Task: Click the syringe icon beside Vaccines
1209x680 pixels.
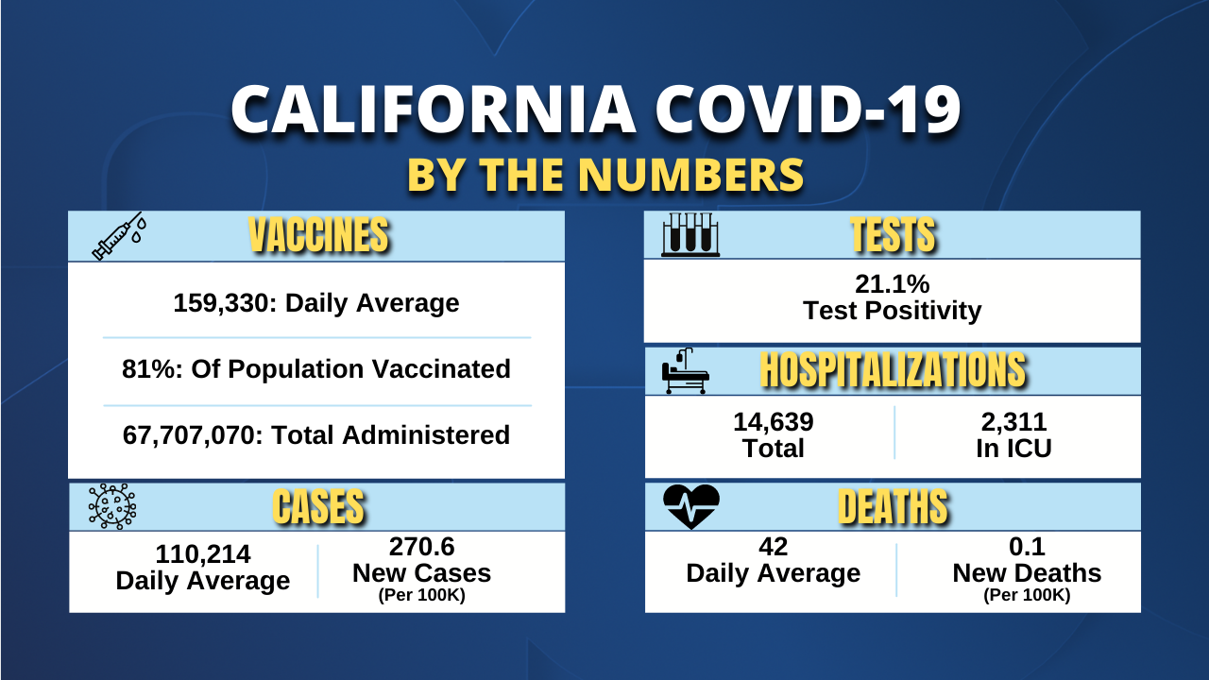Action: point(117,235)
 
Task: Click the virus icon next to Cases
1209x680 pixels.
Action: point(112,506)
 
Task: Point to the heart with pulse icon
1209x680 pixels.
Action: point(691,506)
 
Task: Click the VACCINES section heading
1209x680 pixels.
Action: point(317,235)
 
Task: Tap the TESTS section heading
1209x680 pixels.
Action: point(892,235)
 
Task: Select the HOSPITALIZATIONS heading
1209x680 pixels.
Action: point(892,371)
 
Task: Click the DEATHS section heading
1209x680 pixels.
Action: point(892,507)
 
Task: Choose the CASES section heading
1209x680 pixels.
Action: point(317,507)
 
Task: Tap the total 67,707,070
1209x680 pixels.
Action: point(194,435)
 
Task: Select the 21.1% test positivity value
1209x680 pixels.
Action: point(892,284)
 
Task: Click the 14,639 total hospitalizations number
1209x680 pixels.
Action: point(773,422)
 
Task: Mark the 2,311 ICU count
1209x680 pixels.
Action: point(1013,422)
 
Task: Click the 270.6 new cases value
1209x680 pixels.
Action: point(421,547)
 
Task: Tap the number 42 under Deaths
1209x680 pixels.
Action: point(773,547)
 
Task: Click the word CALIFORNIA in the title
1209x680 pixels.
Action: point(433,110)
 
